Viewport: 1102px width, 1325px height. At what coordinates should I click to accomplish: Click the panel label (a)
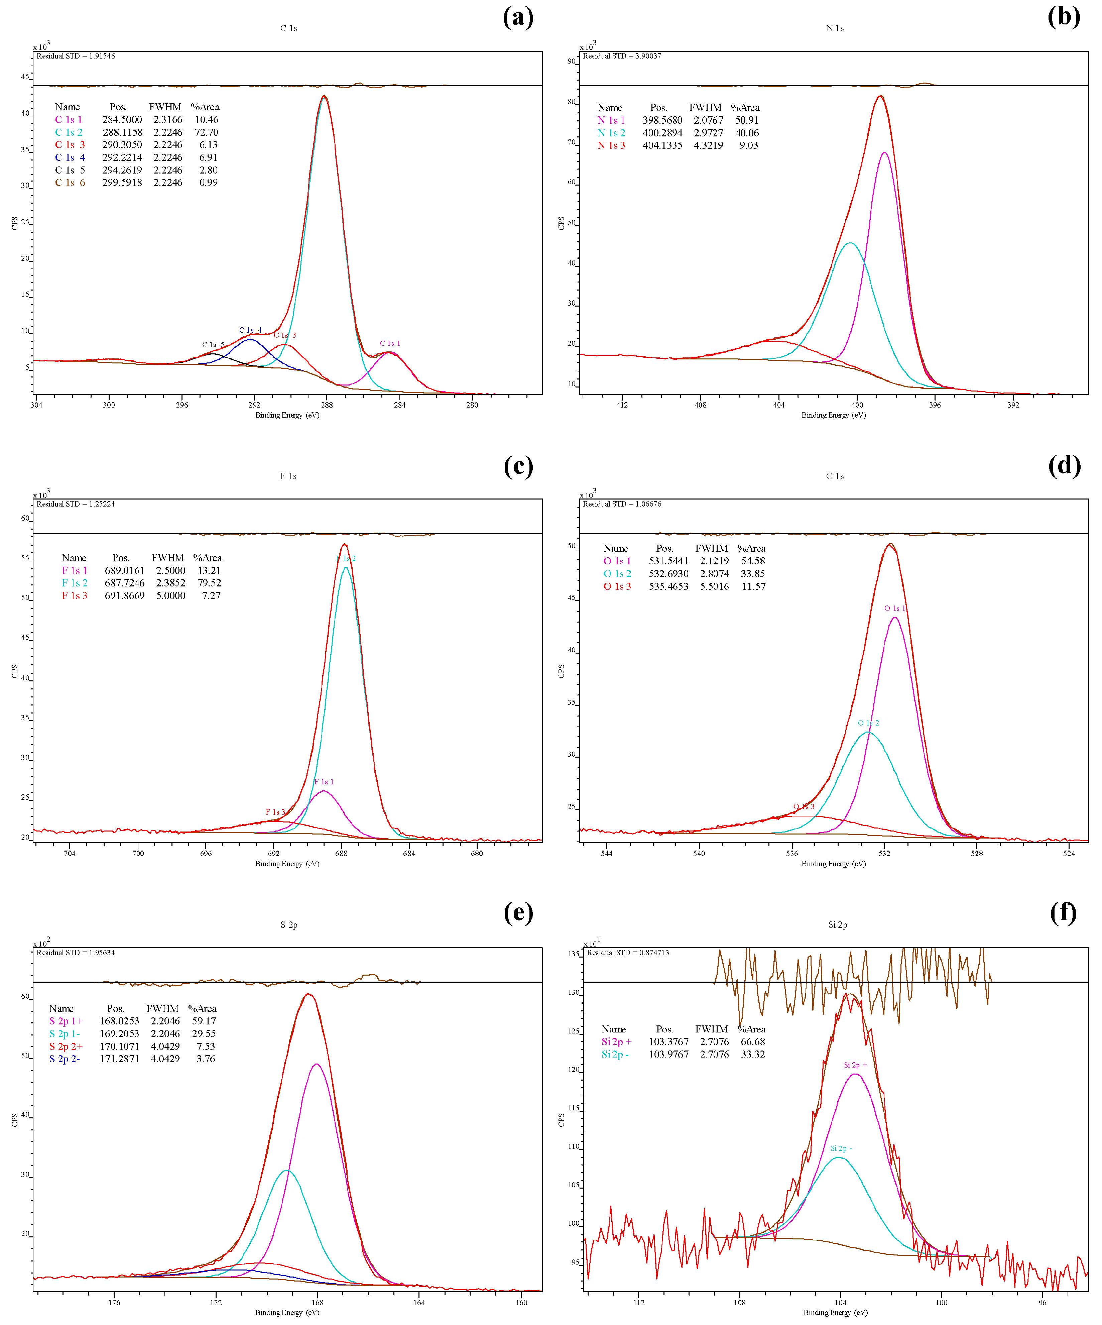[x=518, y=17]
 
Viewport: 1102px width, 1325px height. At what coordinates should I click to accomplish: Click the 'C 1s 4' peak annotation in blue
[x=250, y=330]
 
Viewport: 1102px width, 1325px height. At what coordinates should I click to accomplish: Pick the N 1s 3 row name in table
[x=611, y=145]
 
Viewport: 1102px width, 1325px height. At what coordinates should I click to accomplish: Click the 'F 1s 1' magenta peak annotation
[x=324, y=782]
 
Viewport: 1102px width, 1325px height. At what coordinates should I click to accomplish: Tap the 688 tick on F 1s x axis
[x=341, y=853]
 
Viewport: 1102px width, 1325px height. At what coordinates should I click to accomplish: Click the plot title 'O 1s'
[x=835, y=476]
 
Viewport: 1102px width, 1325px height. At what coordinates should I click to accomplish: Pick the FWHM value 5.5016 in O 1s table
[x=714, y=586]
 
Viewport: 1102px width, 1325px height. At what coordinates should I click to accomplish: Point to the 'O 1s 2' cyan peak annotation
[x=868, y=723]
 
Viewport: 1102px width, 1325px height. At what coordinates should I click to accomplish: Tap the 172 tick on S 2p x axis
[x=216, y=1302]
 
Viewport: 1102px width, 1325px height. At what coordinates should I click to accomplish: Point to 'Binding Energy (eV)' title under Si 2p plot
[x=835, y=1312]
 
